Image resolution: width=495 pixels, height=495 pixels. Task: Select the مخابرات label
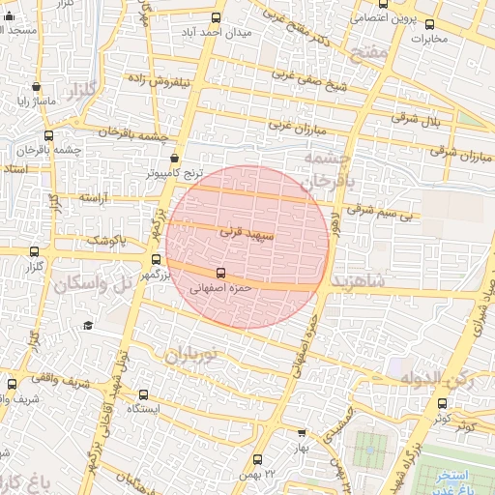coord(430,40)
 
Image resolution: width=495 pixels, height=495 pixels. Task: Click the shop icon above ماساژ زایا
coord(37,86)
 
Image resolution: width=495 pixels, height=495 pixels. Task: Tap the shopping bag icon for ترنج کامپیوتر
coord(174,159)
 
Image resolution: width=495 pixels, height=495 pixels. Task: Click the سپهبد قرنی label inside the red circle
coord(248,233)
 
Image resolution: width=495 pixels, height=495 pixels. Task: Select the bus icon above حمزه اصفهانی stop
coord(220,273)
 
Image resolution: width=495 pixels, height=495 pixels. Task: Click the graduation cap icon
coord(88,326)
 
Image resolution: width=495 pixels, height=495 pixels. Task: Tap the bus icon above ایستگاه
coord(143,394)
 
